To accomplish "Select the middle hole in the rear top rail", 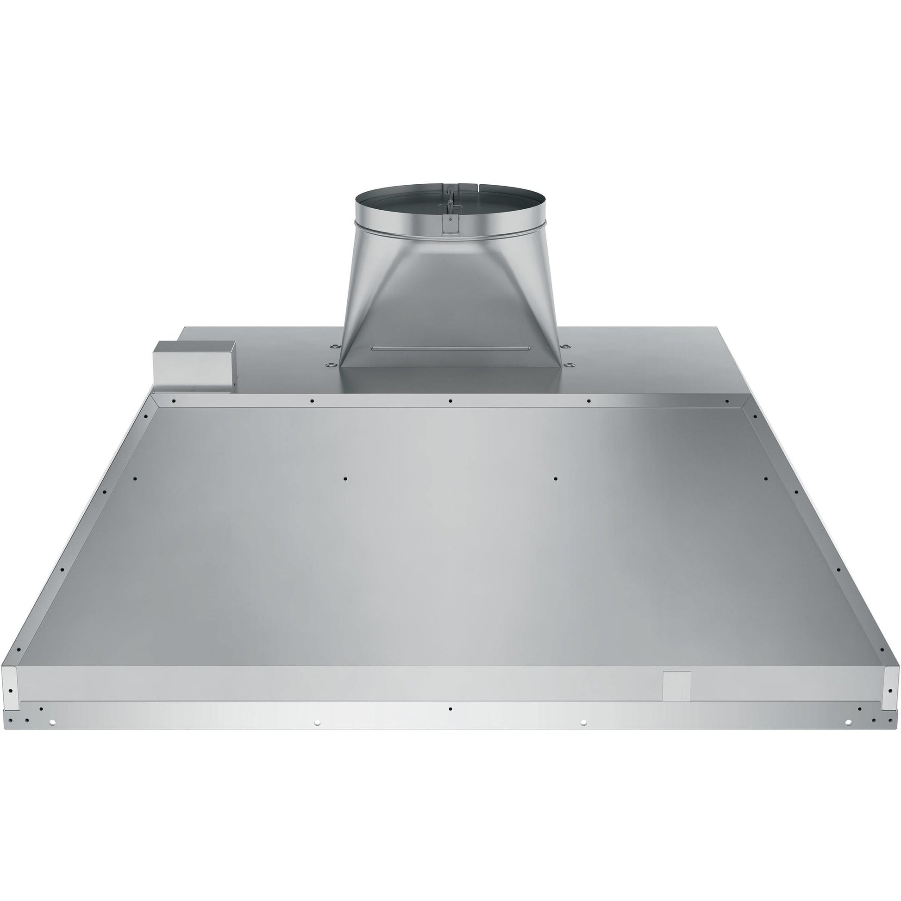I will click(x=450, y=400).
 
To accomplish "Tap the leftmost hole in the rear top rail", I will click(x=173, y=400).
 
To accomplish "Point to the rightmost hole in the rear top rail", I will click(x=726, y=400).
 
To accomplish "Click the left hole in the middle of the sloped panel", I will click(x=345, y=478).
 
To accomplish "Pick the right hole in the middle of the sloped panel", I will click(x=555, y=478).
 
